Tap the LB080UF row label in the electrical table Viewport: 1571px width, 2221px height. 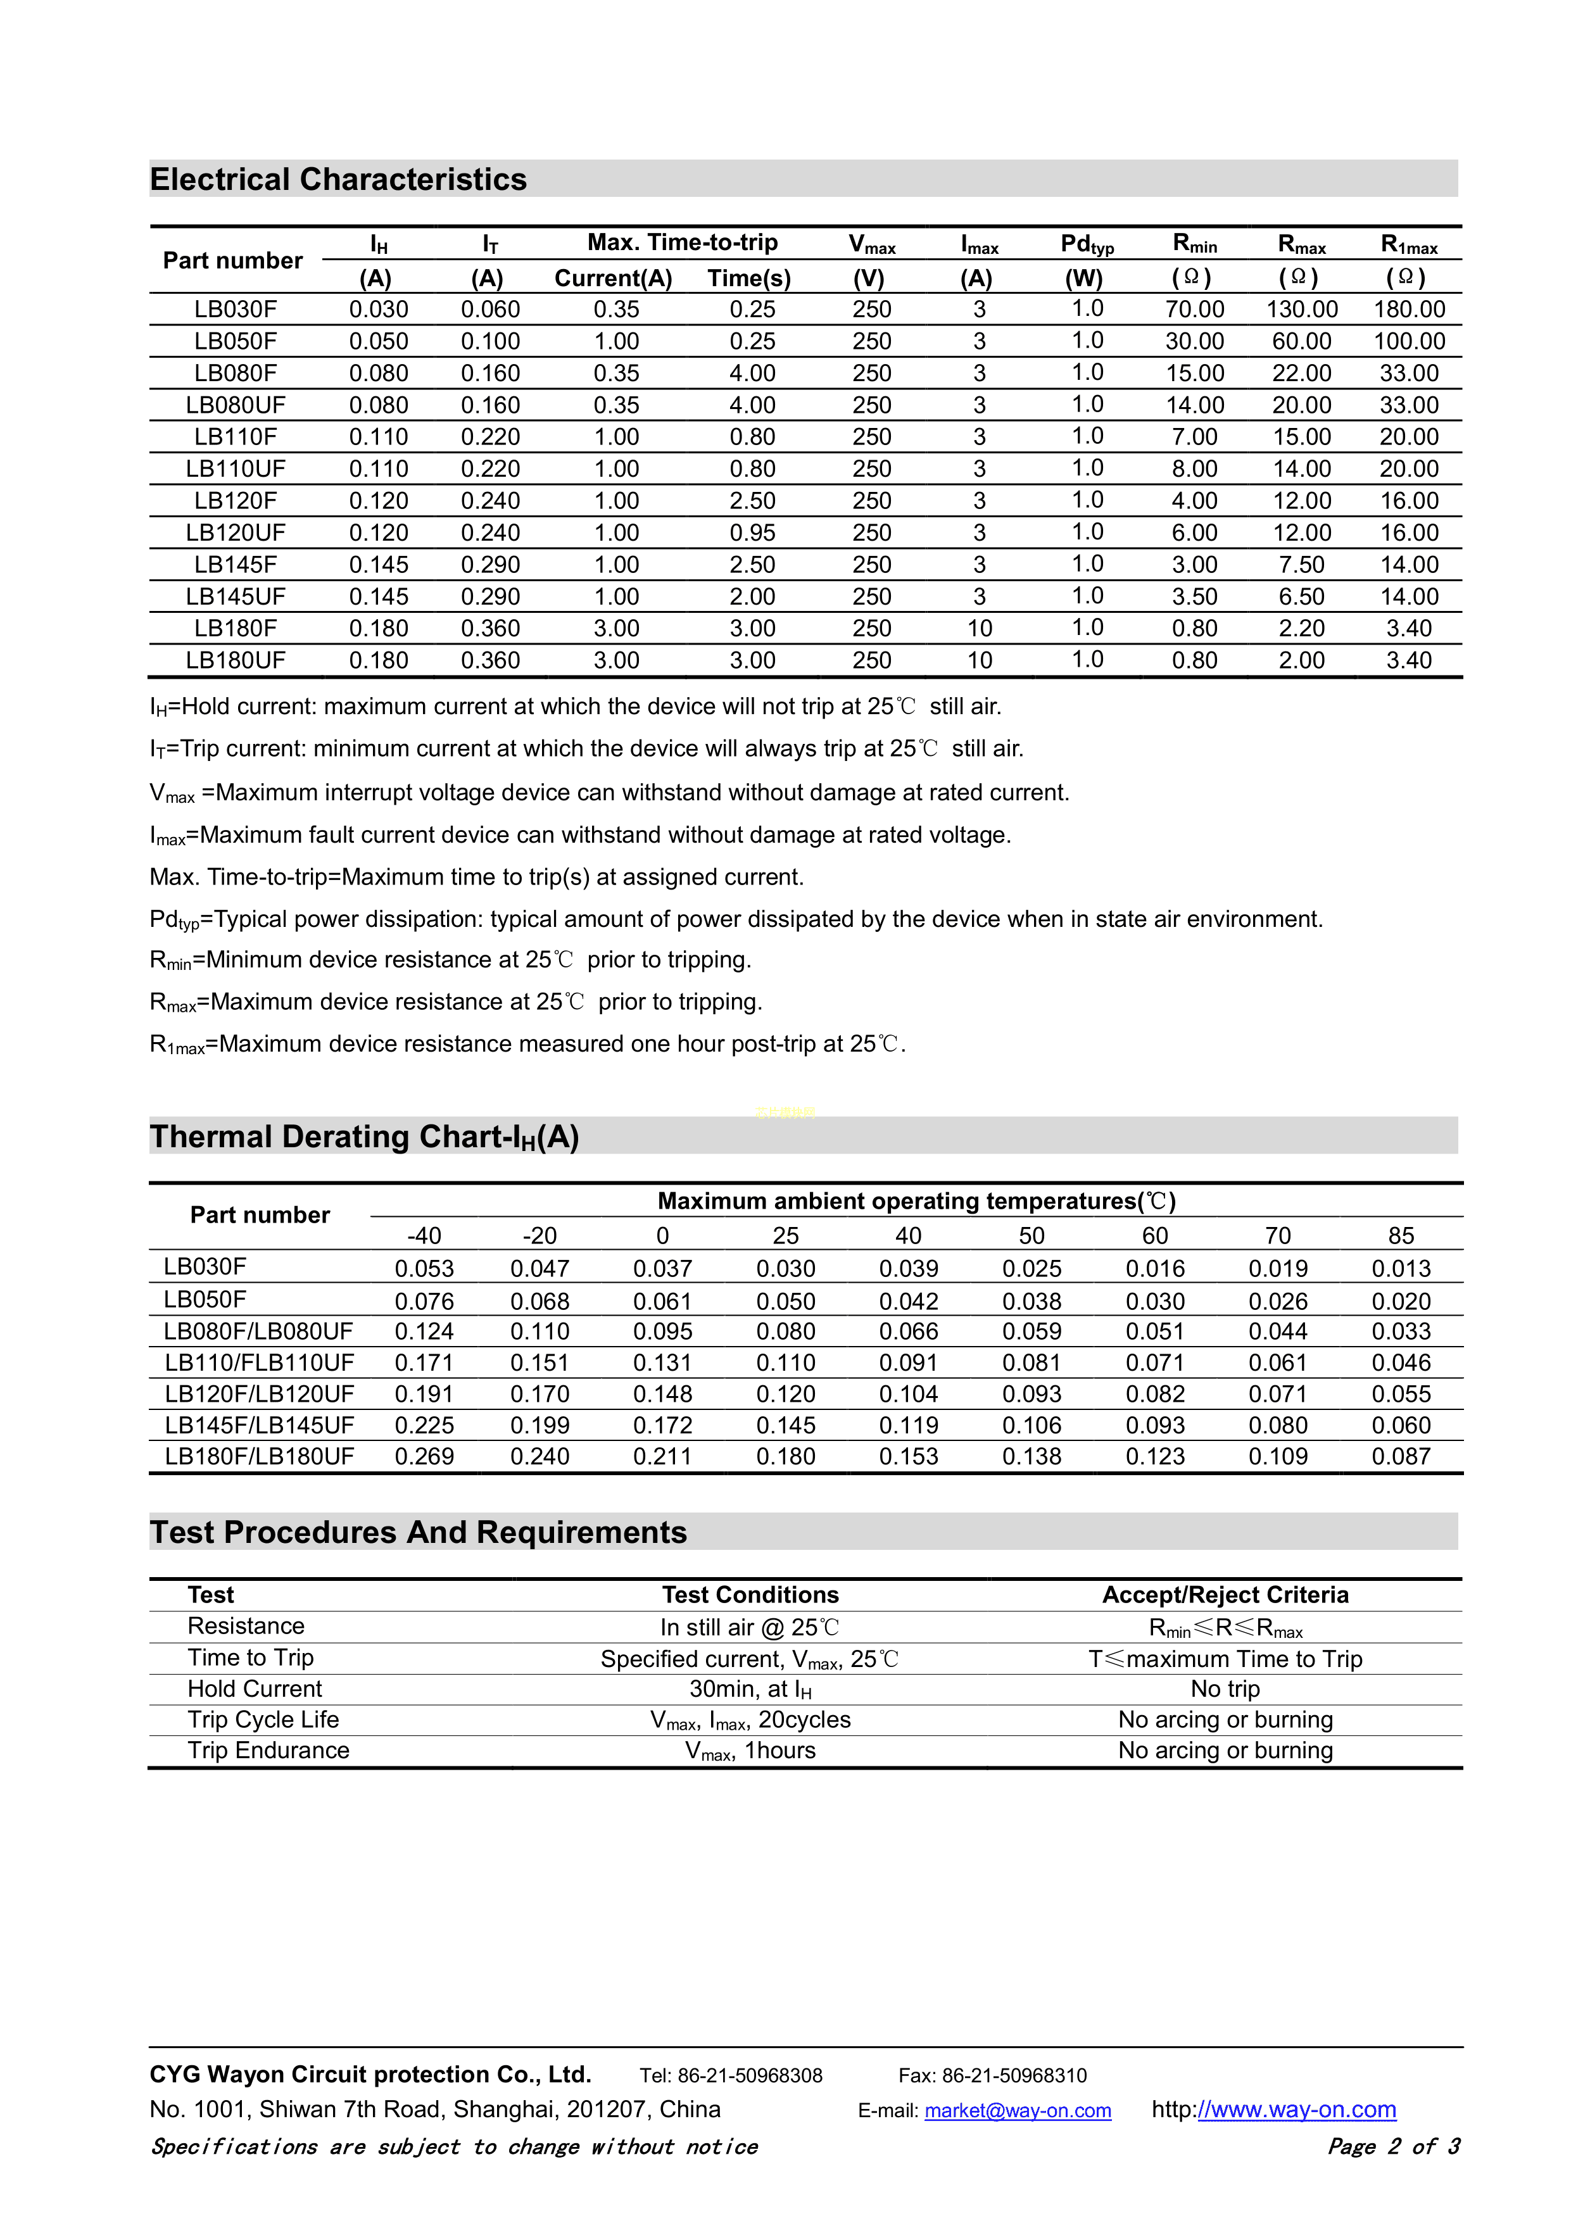coord(235,405)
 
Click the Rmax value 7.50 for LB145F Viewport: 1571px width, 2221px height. coord(1301,565)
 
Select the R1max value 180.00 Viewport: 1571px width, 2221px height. coord(1408,310)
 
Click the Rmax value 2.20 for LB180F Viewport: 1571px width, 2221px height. coord(1301,629)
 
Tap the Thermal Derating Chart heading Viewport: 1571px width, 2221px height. coord(363,1136)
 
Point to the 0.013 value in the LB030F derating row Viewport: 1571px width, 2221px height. coord(1400,1268)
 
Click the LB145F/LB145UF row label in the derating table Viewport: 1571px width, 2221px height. coord(259,1425)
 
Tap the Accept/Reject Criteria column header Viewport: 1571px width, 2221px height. coord(1225,1595)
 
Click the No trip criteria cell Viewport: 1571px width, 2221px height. coord(1225,1689)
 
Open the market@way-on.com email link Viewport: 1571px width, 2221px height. coord(1017,2111)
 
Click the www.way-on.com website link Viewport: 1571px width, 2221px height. coord(1296,2110)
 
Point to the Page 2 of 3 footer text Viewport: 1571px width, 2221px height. coord(1393,2146)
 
